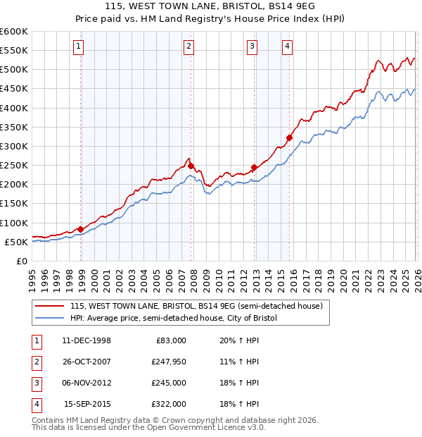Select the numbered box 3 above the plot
(252, 47)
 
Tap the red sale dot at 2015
(289, 137)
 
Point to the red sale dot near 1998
(81, 229)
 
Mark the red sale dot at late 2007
(191, 166)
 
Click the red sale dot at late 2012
(254, 167)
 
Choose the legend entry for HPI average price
(174, 318)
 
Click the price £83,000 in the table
(169, 340)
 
